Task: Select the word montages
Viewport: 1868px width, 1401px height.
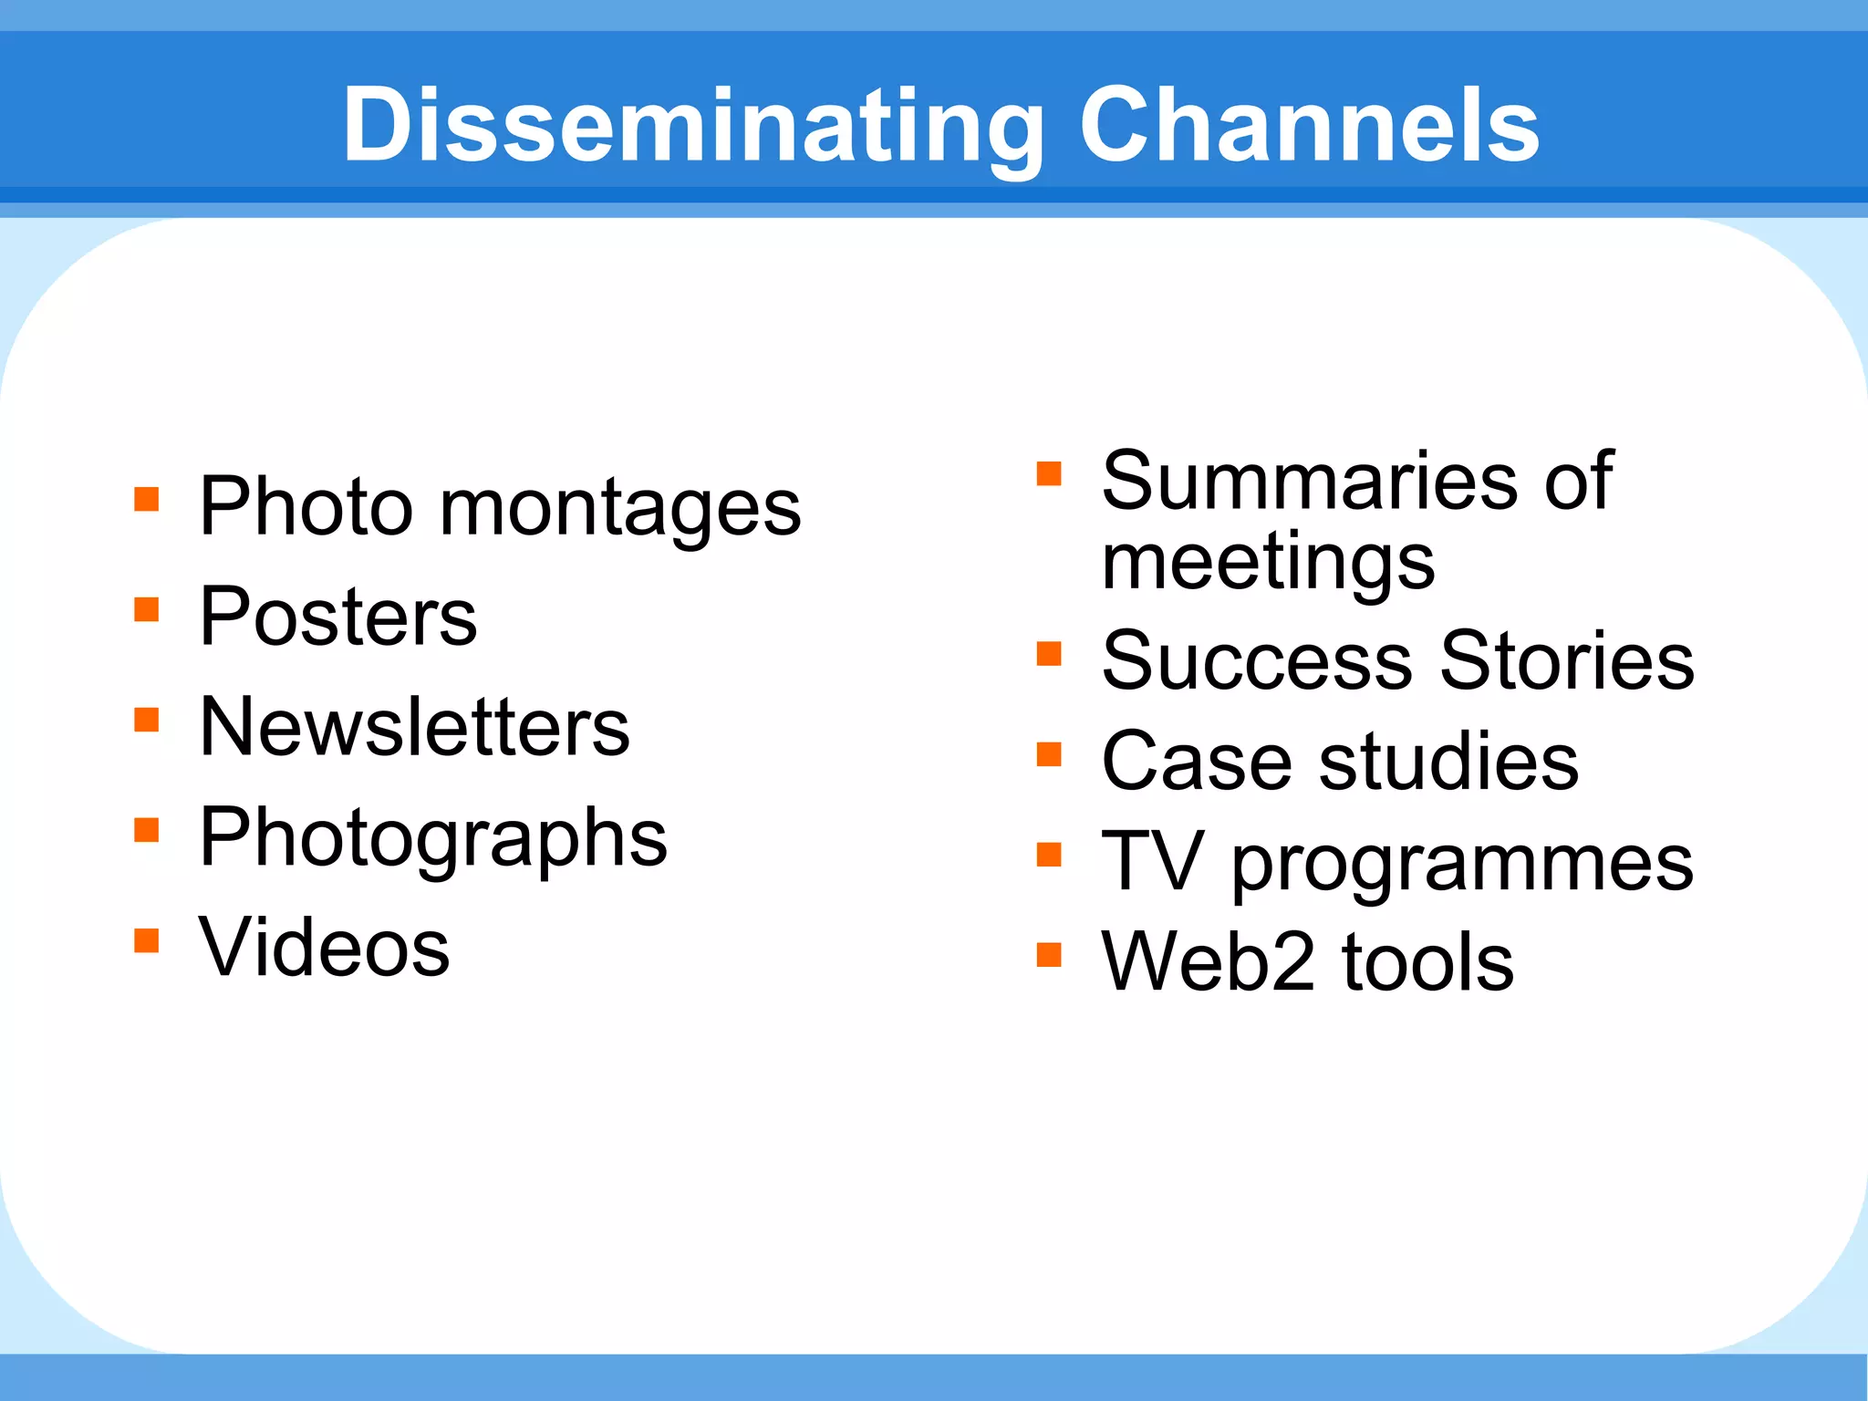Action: (x=620, y=509)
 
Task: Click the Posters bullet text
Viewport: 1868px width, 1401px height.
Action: (x=337, y=617)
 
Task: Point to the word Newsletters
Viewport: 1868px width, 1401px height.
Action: (x=414, y=728)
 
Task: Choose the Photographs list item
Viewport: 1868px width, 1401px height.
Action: (x=433, y=838)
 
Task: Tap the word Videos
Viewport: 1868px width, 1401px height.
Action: (x=324, y=949)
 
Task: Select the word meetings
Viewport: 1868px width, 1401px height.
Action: (x=1268, y=563)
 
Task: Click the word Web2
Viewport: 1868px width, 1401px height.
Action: (x=1208, y=962)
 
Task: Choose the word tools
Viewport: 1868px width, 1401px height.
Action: (x=1427, y=962)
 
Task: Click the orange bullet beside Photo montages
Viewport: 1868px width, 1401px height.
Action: (x=146, y=499)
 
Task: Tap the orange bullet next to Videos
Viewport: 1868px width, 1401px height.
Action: (x=146, y=940)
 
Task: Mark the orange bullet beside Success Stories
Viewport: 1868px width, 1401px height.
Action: (x=1049, y=653)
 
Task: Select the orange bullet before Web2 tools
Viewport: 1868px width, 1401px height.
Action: (x=1049, y=955)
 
